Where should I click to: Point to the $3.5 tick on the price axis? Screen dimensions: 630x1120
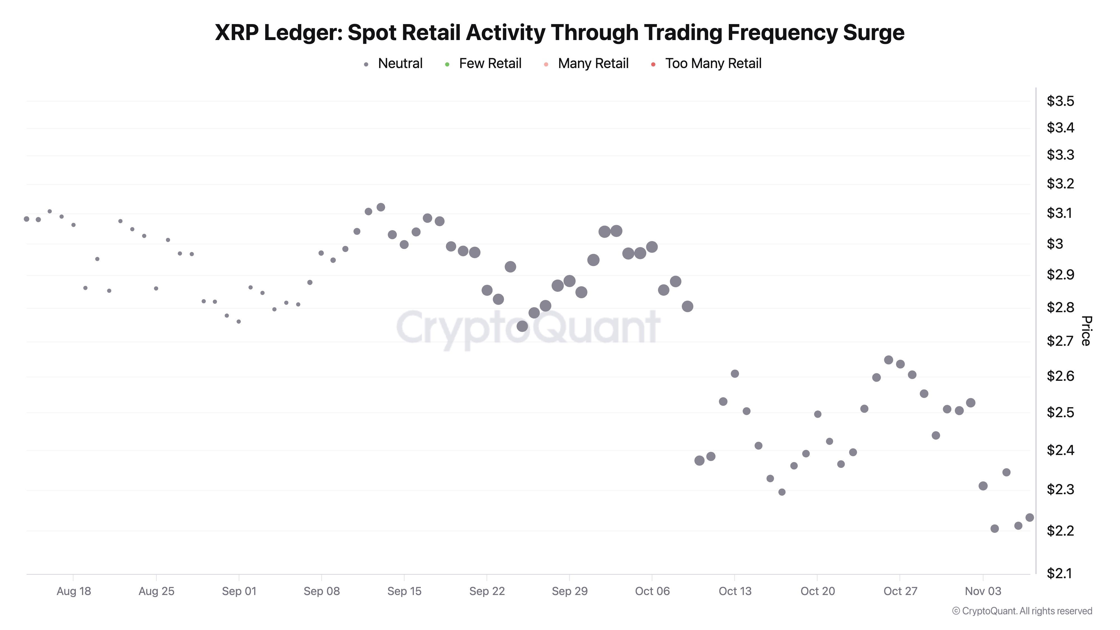pyautogui.click(x=1060, y=101)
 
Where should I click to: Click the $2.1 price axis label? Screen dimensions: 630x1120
pyautogui.click(x=1060, y=573)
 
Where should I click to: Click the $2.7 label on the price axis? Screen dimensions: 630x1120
pyautogui.click(x=1060, y=341)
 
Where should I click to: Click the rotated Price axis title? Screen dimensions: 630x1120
pyautogui.click(x=1086, y=331)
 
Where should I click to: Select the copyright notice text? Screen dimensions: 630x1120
pyautogui.click(x=1022, y=611)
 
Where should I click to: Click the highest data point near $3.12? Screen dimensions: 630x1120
pyautogui.click(x=381, y=207)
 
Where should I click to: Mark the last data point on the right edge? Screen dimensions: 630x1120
pyautogui.click(x=1030, y=517)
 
